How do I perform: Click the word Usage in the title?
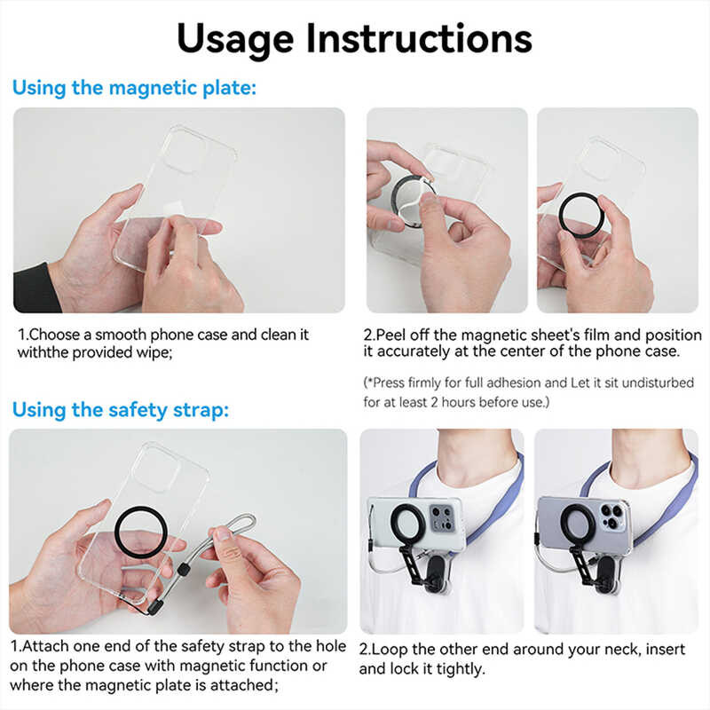tap(235, 40)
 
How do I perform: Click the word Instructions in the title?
tap(419, 38)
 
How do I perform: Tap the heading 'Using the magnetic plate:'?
tap(134, 88)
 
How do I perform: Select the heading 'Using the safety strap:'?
tap(121, 410)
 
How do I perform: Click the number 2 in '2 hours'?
tap(434, 402)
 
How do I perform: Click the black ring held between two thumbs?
tap(581, 215)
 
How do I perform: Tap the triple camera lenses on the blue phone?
tap(611, 517)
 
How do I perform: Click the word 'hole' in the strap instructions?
tap(330, 646)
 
